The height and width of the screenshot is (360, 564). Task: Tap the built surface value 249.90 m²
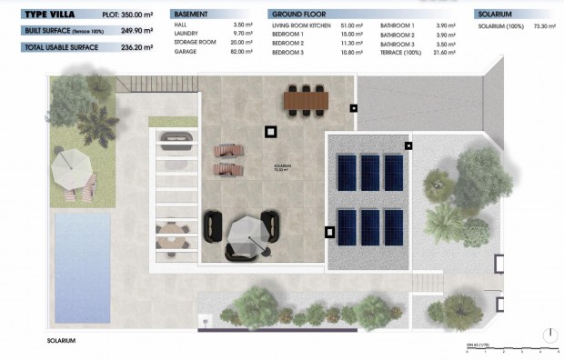click(136, 30)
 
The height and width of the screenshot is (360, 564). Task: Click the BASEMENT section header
click(193, 15)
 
